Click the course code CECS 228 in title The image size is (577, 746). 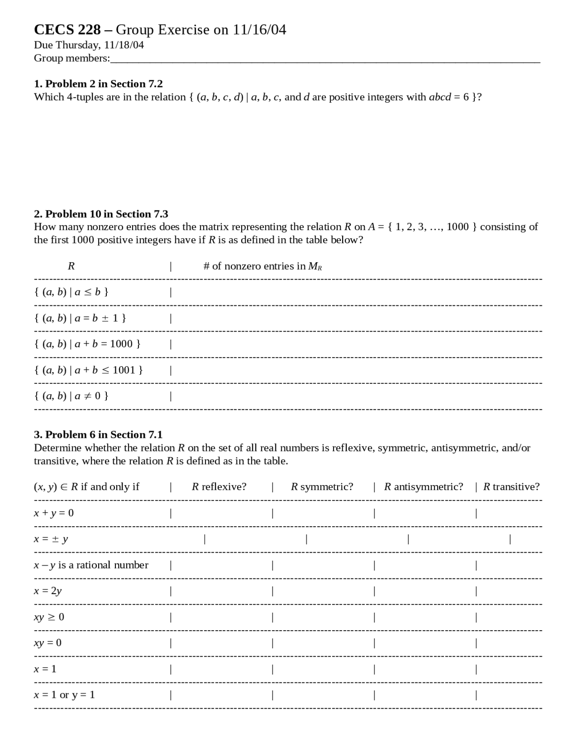(68, 30)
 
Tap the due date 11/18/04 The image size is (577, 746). (124, 45)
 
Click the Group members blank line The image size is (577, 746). (325, 61)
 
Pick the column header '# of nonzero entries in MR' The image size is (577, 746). (262, 266)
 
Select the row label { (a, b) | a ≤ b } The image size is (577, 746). (71, 292)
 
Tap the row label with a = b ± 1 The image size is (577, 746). (80, 318)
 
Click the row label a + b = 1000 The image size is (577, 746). (87, 344)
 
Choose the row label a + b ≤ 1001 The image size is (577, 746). (88, 370)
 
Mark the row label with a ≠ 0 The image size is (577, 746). (71, 396)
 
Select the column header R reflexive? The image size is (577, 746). (219, 487)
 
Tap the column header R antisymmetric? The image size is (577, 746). (423, 487)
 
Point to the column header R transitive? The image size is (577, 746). (511, 487)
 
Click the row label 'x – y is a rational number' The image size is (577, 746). (91, 565)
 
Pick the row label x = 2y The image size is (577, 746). (48, 591)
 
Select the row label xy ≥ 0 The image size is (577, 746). (49, 617)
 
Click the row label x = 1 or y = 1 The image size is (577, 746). (64, 695)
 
